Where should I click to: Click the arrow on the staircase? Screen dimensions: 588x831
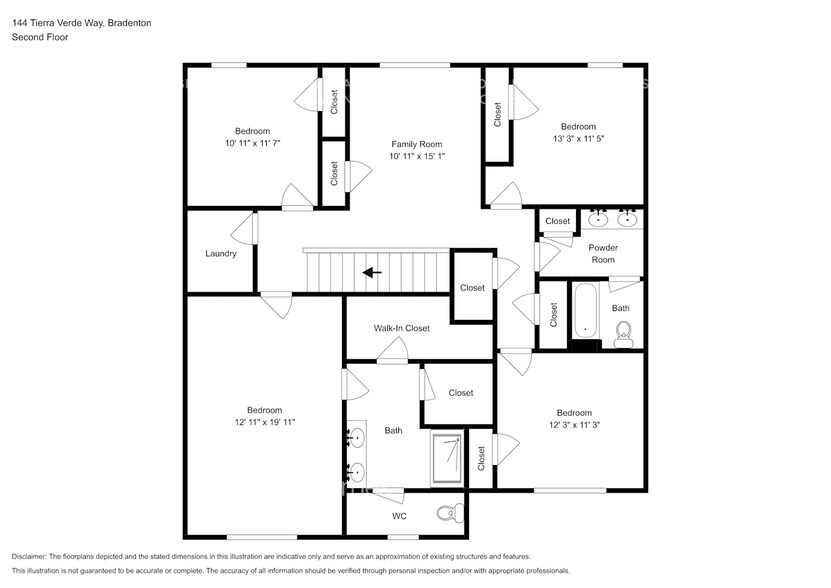click(x=371, y=271)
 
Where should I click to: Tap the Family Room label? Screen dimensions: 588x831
click(x=416, y=144)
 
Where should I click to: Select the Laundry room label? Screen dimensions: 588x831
click(x=220, y=254)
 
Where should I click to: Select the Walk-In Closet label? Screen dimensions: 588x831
click(x=401, y=328)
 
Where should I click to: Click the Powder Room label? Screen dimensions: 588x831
click(x=602, y=253)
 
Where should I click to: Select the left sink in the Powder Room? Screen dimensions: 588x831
click(x=599, y=219)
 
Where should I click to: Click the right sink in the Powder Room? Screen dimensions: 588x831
click(x=628, y=219)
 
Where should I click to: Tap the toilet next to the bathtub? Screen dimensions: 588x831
click(x=623, y=331)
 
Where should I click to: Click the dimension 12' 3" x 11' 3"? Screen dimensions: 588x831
click(x=574, y=425)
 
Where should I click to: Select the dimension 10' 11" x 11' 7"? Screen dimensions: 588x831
click(x=252, y=143)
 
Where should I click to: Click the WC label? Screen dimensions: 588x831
click(x=398, y=517)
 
